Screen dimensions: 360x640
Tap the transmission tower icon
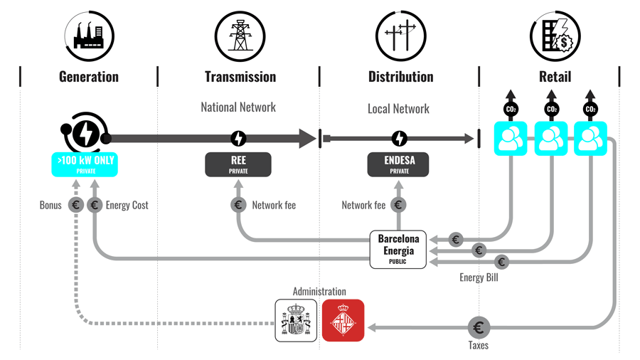coord(240,33)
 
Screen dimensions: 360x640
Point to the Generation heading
coord(89,77)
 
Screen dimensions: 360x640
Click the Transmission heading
coord(240,77)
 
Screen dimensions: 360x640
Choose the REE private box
coord(238,164)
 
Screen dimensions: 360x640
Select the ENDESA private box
coord(399,164)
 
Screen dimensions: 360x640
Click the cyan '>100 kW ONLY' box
coord(85,164)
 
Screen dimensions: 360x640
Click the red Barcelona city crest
coord(343,320)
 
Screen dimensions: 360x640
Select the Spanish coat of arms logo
coord(296,320)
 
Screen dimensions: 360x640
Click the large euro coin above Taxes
coord(479,328)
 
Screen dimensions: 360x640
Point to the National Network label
coord(238,107)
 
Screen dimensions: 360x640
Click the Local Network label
coord(398,109)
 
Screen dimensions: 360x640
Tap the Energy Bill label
coord(479,277)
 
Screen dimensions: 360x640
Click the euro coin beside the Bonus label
coord(76,206)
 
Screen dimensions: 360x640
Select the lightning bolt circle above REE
coord(238,139)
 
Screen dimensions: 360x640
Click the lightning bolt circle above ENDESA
coord(399,139)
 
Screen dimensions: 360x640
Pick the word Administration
coord(319,292)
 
